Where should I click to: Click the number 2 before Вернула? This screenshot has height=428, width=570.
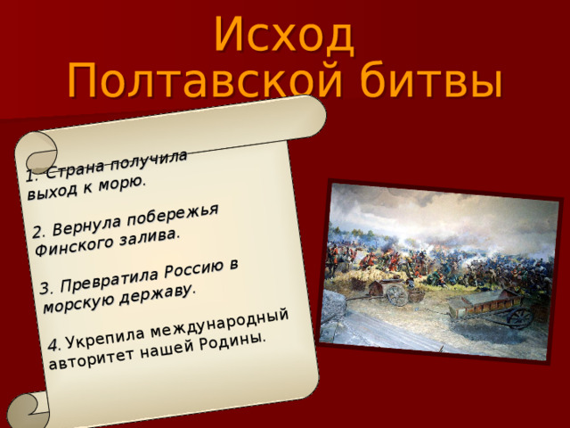point(37,234)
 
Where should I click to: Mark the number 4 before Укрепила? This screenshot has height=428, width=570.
point(53,344)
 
